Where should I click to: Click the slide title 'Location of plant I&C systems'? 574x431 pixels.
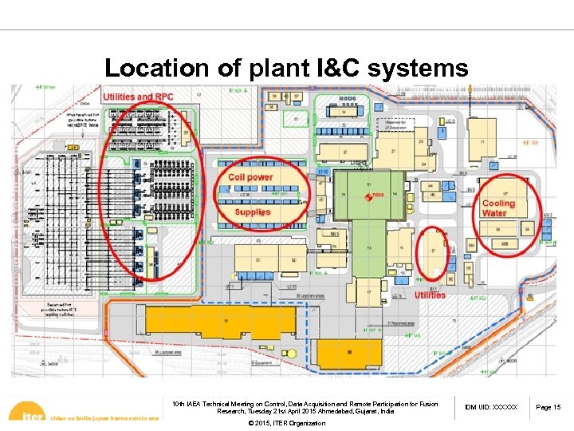point(286,69)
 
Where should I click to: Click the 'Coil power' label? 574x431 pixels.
point(250,177)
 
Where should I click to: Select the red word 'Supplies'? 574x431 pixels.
point(253,212)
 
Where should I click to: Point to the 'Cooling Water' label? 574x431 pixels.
point(498,208)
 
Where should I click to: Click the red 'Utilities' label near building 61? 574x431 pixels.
point(431,295)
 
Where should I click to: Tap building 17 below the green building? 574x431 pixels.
point(369,292)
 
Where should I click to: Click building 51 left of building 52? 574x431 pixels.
point(260,259)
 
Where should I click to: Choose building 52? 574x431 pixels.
point(293,259)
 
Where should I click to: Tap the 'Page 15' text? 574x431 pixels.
point(548,408)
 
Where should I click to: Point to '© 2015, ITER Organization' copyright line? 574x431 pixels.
point(287,423)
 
